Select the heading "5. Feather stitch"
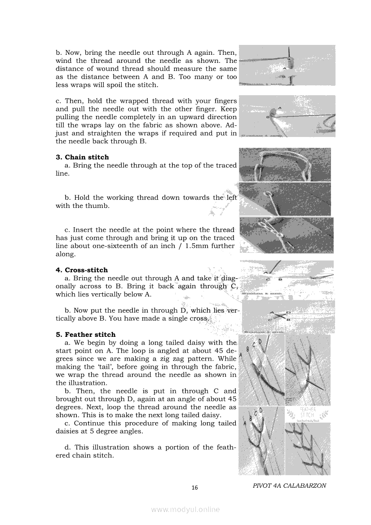click(85, 335)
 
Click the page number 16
click(194, 488)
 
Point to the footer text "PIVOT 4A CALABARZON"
click(289, 485)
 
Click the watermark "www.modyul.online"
click(185, 509)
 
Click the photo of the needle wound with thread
click(287, 65)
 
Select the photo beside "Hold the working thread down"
click(285, 199)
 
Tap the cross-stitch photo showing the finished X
click(288, 317)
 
